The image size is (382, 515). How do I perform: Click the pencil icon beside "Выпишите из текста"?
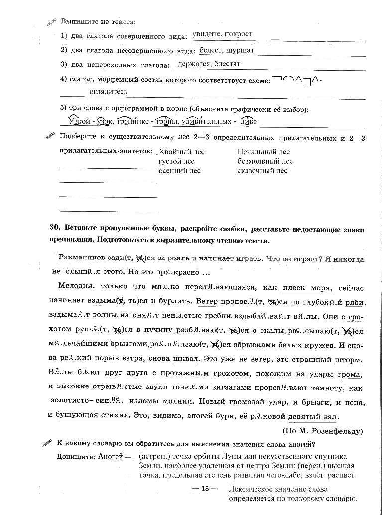coord(51,22)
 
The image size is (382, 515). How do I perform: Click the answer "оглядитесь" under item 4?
coord(108,92)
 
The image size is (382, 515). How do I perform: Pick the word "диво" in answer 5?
coord(249,121)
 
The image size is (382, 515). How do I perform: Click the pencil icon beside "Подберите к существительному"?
coord(50,136)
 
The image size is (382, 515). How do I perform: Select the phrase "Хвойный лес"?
coord(181,152)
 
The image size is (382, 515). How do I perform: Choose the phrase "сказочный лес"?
coord(262,171)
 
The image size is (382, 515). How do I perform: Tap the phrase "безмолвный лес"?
coord(265,161)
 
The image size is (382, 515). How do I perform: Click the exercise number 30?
coord(55,230)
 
